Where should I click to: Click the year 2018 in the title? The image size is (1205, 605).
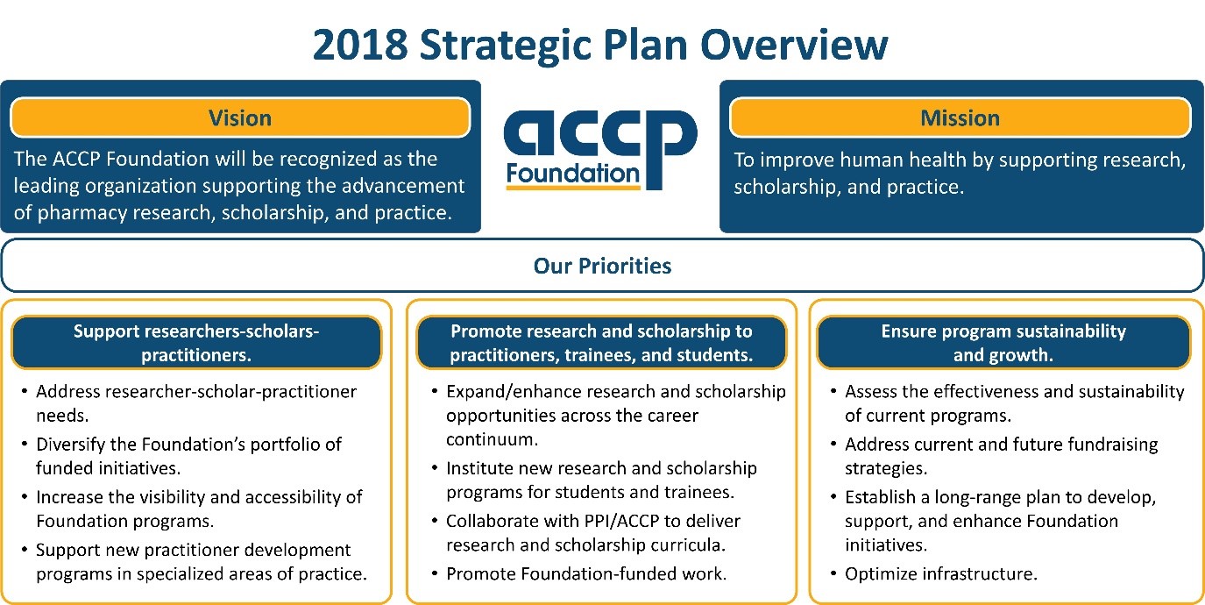(x=359, y=45)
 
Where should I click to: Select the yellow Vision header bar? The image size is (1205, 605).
(x=240, y=117)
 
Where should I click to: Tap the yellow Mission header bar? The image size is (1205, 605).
(x=960, y=117)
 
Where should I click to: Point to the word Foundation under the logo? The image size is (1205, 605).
(x=573, y=174)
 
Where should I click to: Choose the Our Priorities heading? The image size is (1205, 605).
(x=602, y=266)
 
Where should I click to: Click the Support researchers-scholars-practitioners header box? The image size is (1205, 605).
(x=196, y=343)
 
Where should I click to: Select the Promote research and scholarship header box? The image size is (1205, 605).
(x=601, y=343)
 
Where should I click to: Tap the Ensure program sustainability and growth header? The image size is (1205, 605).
(x=1003, y=343)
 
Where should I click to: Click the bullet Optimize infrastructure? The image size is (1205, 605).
(x=940, y=574)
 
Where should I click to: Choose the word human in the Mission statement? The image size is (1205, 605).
(x=850, y=160)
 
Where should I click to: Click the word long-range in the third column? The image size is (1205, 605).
(x=973, y=497)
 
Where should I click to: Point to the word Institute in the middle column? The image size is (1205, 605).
(x=481, y=468)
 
